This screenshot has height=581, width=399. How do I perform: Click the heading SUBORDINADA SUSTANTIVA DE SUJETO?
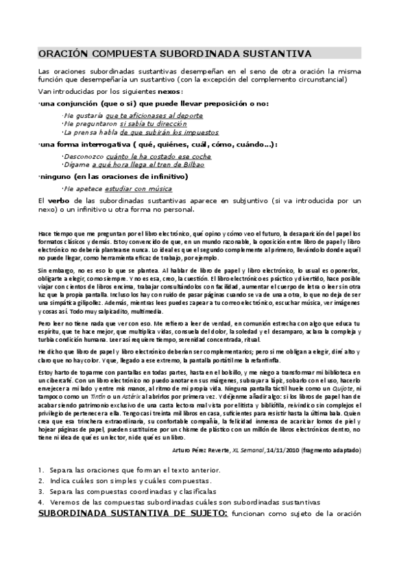132,513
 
